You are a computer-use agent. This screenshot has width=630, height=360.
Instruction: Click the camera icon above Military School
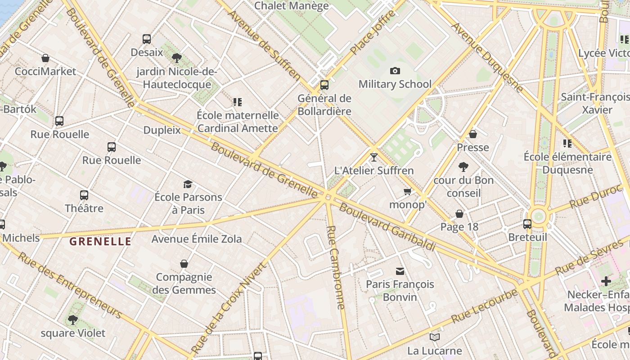[x=395, y=71]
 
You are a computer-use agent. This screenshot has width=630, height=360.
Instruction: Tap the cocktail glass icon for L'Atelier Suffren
[x=373, y=157]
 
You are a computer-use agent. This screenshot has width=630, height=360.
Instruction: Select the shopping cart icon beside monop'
[x=408, y=192]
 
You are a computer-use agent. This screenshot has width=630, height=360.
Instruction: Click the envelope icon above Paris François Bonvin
[x=400, y=271]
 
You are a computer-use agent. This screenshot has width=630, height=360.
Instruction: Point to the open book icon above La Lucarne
[x=435, y=337]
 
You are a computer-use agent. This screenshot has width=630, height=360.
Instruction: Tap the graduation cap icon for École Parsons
[x=188, y=184]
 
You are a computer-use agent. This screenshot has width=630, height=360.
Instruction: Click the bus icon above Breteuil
[x=527, y=224]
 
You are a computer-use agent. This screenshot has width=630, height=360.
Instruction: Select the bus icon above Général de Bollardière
[x=324, y=85]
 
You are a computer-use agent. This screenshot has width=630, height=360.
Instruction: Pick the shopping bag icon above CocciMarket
[x=45, y=58]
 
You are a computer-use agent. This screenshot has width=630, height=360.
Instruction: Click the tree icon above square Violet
[x=72, y=320]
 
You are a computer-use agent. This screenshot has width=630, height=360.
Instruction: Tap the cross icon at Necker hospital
[x=606, y=281]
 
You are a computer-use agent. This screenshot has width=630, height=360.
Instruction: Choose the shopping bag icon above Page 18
[x=459, y=214]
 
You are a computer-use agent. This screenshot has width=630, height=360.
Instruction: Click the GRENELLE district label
[x=100, y=242]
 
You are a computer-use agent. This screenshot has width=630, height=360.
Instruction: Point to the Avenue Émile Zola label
[x=197, y=239]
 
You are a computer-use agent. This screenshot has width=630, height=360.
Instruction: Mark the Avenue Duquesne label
[x=488, y=56]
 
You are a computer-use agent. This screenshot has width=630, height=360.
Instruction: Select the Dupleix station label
[x=162, y=130]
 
